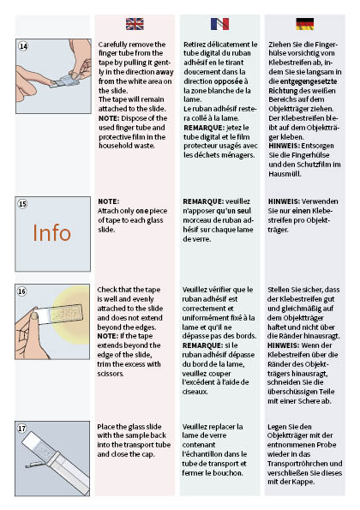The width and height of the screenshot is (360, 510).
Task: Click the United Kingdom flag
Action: click(x=135, y=23)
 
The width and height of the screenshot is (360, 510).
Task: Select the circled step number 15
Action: click(x=22, y=204)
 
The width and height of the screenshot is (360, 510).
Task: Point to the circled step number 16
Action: click(x=22, y=291)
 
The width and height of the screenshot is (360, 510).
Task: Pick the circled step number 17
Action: click(x=22, y=427)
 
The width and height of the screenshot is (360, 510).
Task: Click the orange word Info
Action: click(x=52, y=233)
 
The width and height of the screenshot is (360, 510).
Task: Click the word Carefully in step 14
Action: click(x=116, y=44)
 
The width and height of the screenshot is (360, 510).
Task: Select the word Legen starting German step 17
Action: click(x=279, y=427)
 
